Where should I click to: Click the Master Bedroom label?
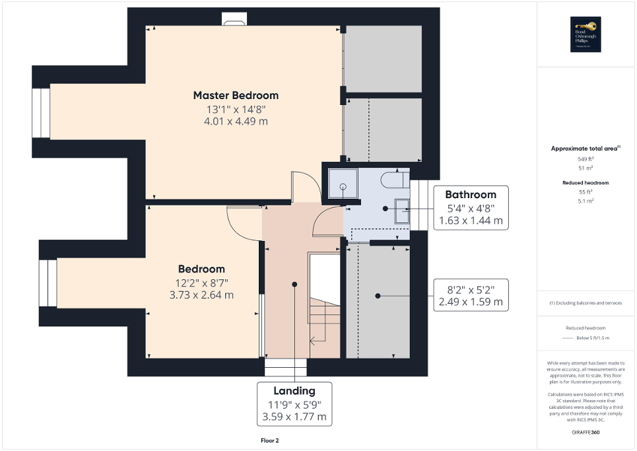point(236,95)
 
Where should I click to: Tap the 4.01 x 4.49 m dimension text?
point(236,121)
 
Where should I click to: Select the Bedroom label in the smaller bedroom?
point(201,269)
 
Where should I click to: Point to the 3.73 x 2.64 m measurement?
point(201,295)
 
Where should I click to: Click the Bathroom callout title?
point(470,194)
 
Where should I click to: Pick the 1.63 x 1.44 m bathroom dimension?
point(470,221)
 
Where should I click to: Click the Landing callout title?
point(294,390)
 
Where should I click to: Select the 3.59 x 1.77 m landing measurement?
point(294,417)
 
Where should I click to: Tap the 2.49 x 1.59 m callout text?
point(470,303)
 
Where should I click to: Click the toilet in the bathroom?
point(393,180)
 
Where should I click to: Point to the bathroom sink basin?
point(402,211)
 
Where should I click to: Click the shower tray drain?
point(343,187)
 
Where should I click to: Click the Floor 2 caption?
point(270,440)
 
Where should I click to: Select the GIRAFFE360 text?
point(586,433)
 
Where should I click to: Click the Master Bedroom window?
point(41,113)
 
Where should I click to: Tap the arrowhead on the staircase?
point(312,341)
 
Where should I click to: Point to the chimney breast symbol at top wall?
point(234,21)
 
